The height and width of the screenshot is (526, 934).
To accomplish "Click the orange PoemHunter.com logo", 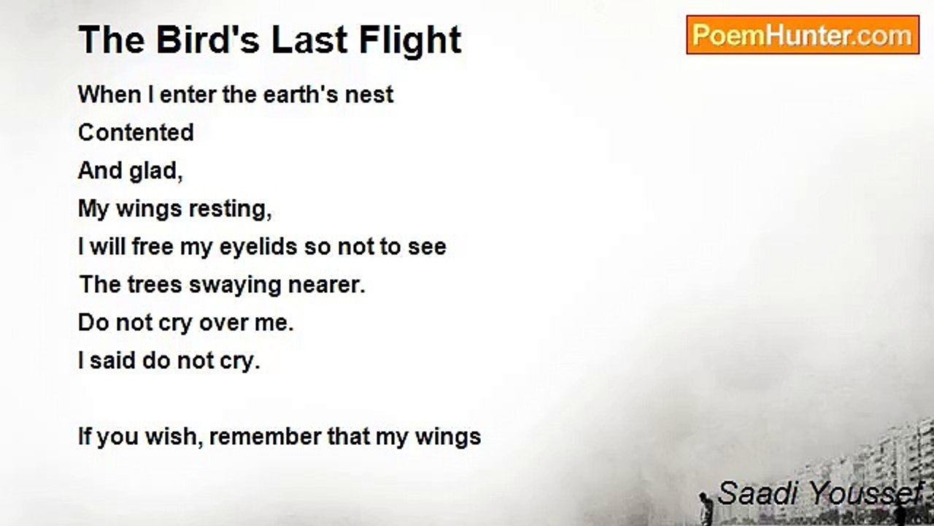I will pos(803,35).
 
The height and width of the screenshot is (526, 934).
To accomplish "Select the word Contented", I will pos(136,133).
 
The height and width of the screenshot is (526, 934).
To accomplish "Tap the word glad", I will pos(156,171).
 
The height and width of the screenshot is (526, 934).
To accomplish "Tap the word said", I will pos(111,361).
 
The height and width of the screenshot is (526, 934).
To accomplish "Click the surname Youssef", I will pos(865,494).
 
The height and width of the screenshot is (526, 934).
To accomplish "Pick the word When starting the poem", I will pos(109,95).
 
